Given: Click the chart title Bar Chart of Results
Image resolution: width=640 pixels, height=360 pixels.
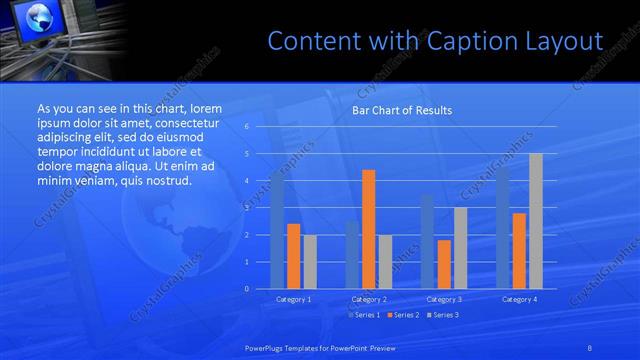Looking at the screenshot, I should (402, 110).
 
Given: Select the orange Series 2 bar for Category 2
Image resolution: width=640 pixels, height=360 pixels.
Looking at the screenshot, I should (368, 229).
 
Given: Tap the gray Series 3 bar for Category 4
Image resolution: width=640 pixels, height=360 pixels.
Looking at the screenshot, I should (536, 221).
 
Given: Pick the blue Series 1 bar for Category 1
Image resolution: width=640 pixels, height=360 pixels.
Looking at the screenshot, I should (277, 230).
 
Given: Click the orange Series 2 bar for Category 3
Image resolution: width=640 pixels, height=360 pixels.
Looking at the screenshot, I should (444, 264).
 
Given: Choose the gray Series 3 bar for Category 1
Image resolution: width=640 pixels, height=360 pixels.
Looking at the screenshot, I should (310, 262).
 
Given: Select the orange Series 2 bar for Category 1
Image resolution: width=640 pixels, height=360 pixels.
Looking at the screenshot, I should (293, 256).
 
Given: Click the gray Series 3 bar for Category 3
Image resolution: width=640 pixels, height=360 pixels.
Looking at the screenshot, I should (460, 248).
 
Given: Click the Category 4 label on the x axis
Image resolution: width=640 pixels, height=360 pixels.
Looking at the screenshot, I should (520, 299).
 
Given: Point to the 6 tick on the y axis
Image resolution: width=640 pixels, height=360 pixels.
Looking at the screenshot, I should (246, 126).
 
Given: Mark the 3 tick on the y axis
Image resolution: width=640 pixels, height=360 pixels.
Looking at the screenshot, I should (246, 208).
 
